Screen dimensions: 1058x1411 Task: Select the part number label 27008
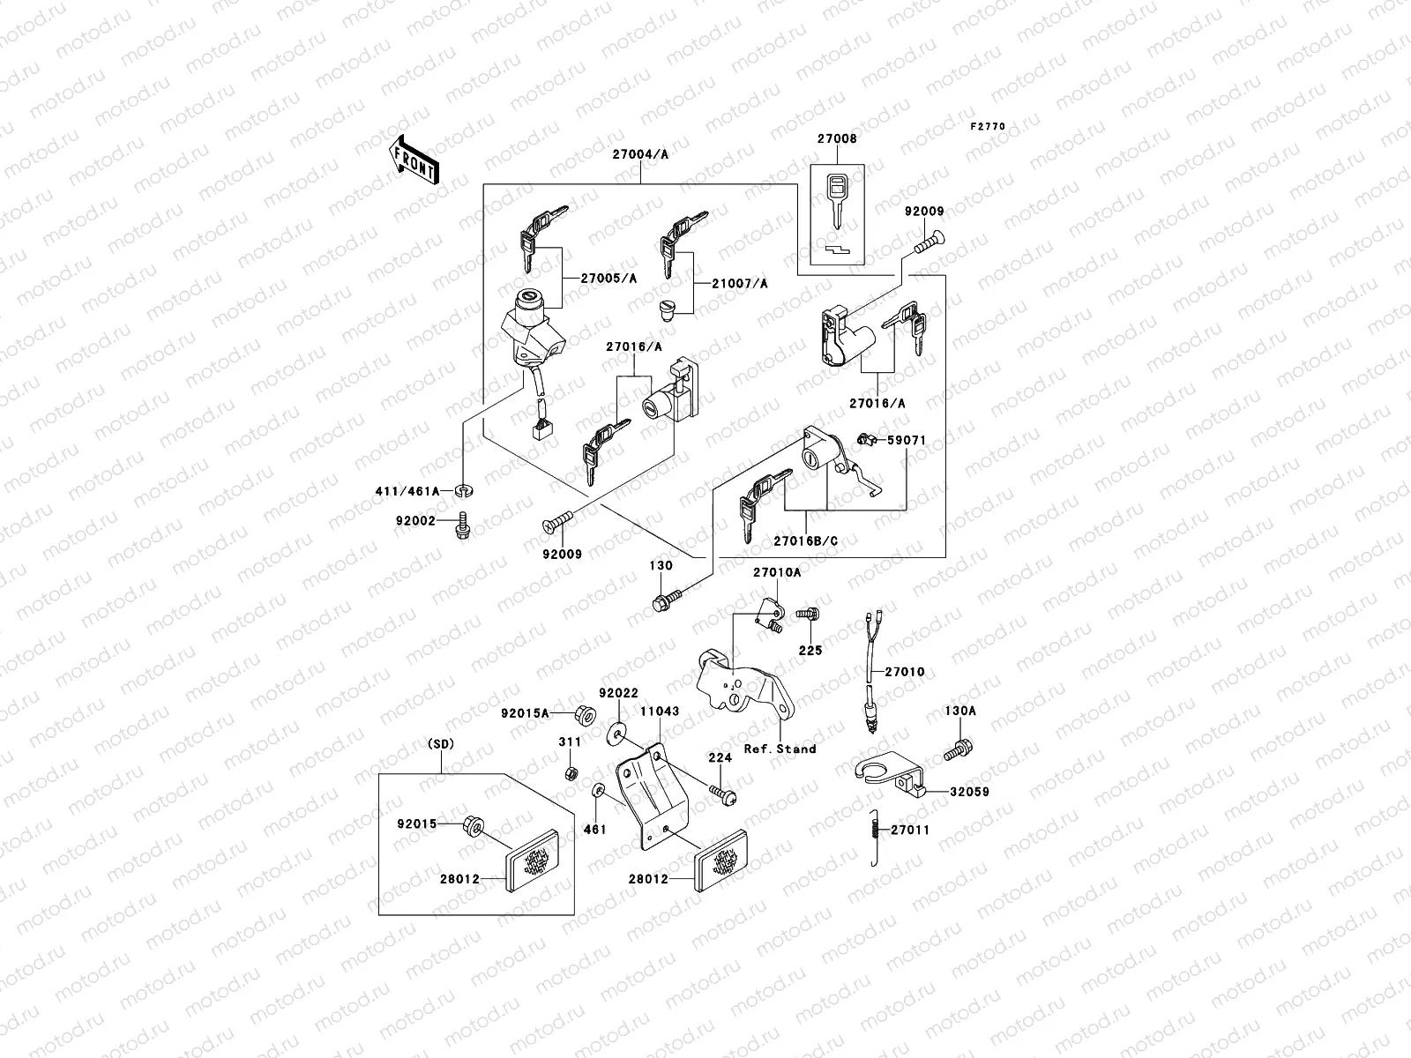coord(836,138)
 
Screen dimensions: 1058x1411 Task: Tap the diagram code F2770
coord(988,127)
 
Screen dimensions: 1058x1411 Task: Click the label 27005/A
coord(608,278)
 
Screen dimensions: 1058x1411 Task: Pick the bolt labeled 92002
coord(460,528)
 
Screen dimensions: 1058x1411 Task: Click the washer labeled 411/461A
coord(462,489)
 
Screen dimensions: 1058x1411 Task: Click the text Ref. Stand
coord(780,749)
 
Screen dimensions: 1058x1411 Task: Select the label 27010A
coord(777,572)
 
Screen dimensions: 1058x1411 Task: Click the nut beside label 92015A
coord(582,712)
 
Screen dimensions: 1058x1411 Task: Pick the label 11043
coord(658,710)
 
